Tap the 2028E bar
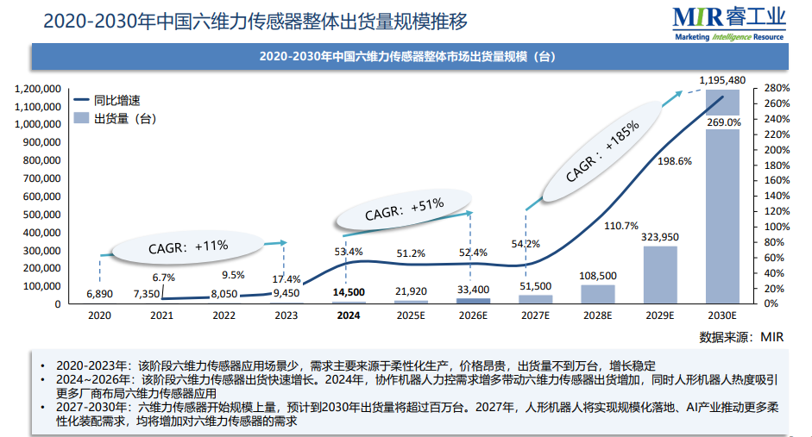pyautogui.click(x=597, y=294)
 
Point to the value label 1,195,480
pyautogui.click(x=722, y=80)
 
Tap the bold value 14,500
pyautogui.click(x=349, y=293)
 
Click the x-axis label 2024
pyautogui.click(x=349, y=315)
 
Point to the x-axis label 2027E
pyautogui.click(x=535, y=315)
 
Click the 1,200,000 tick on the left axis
pyautogui.click(x=37, y=89)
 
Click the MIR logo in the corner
pyautogui.click(x=730, y=22)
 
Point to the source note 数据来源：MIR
pyautogui.click(x=741, y=336)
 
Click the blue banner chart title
pyautogui.click(x=406, y=58)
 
